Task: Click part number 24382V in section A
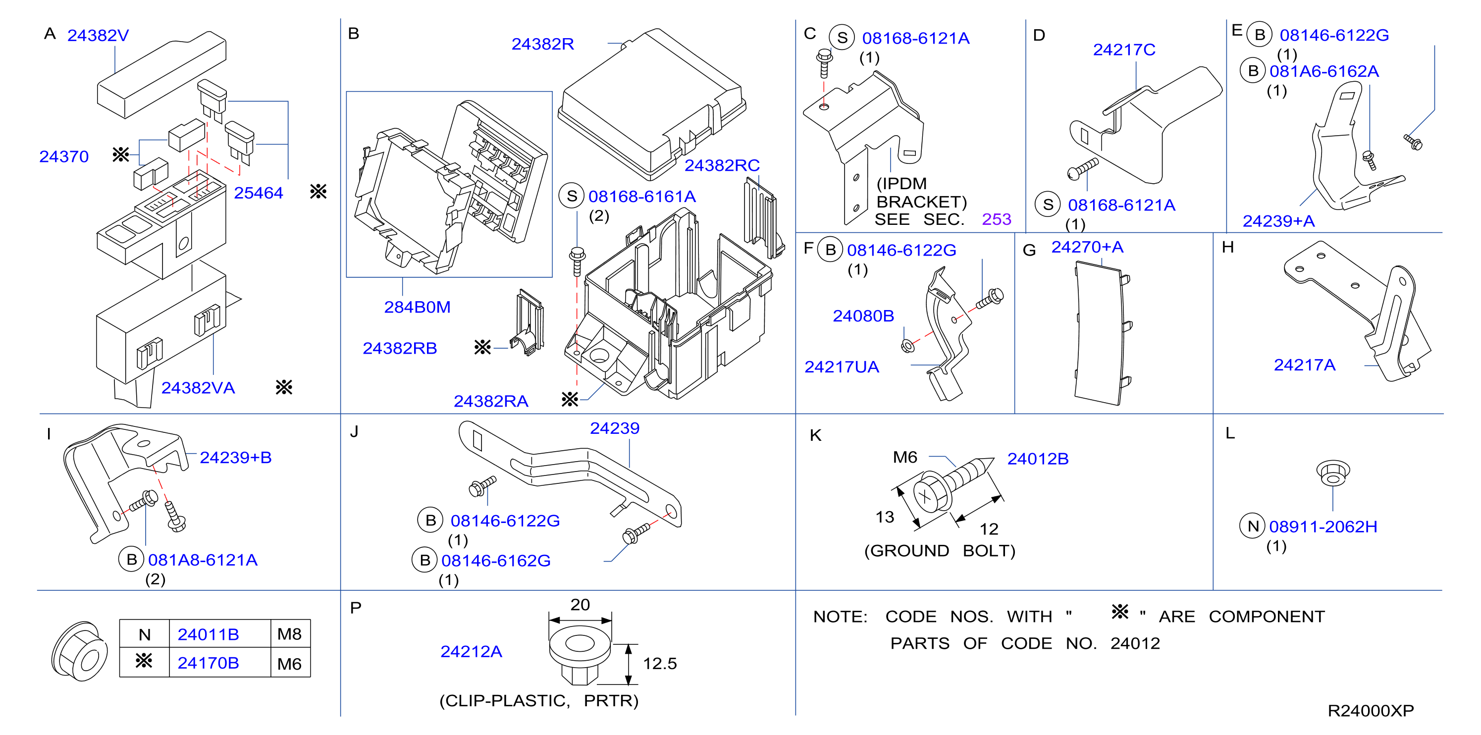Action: [x=98, y=36]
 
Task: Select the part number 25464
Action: [x=258, y=193]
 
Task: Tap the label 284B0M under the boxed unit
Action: [x=417, y=308]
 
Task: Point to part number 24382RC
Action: [x=722, y=165]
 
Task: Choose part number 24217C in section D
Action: [x=1124, y=50]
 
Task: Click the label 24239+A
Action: [x=1278, y=221]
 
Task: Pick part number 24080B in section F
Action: [x=863, y=316]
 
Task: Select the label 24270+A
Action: [x=1087, y=247]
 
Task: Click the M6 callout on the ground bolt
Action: [x=904, y=458]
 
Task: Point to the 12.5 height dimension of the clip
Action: [x=659, y=664]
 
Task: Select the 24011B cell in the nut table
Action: [x=208, y=634]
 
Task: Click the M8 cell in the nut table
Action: [x=289, y=634]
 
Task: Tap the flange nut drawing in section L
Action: [x=1333, y=473]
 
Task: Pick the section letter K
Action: [x=815, y=435]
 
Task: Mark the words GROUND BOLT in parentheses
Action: [x=940, y=551]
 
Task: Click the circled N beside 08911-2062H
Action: [x=1253, y=526]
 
